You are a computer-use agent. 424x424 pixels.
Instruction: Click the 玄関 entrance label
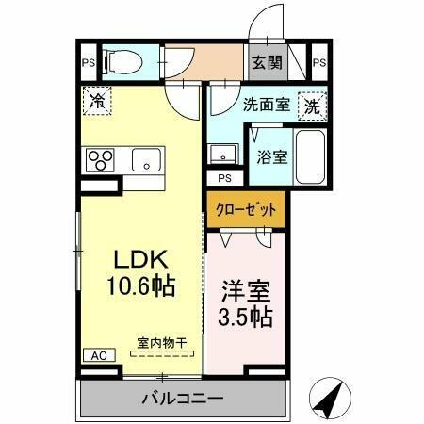[266, 63]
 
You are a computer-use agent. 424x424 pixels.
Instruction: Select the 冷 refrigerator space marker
[96, 99]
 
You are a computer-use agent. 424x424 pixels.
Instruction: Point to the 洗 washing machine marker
[311, 106]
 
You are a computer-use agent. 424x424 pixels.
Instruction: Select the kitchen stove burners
[100, 160]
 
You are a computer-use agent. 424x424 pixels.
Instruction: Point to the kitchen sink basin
[145, 159]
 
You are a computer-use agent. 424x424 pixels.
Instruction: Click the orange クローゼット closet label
[245, 208]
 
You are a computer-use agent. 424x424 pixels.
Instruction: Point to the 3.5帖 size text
[247, 316]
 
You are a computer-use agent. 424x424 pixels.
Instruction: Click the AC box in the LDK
[98, 355]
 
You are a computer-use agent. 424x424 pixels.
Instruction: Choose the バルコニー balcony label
[182, 398]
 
